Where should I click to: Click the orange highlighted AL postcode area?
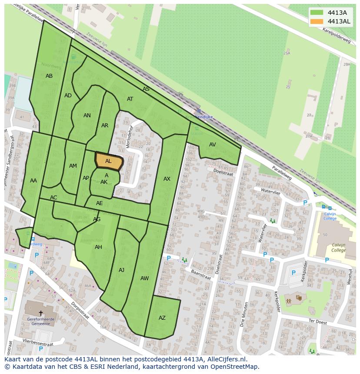tap(109, 161)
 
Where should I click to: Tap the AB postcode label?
tap(49, 76)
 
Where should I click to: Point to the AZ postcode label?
tap(162, 318)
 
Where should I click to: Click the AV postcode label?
tap(212, 145)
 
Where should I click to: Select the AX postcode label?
tap(167, 179)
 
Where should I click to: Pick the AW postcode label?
tap(145, 278)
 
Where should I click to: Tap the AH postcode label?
tap(98, 247)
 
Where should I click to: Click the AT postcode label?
tap(130, 99)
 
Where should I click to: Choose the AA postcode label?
tap(33, 181)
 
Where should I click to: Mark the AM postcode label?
tap(73, 166)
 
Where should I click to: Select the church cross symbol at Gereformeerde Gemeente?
tap(41, 313)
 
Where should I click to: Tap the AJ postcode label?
tap(121, 270)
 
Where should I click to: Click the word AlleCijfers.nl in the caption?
tap(227, 359)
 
